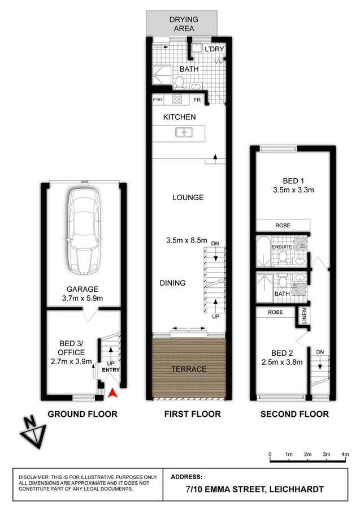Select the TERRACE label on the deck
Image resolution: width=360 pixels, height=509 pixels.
pos(189,369)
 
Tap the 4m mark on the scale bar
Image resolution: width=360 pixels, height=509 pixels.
pos(345,454)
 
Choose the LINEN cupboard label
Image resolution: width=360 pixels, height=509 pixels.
pos(304,316)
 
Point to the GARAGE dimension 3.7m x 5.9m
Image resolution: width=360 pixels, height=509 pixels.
pos(83,298)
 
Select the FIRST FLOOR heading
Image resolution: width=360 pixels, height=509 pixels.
pos(192,414)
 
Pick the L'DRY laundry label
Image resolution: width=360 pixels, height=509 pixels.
pos(214,50)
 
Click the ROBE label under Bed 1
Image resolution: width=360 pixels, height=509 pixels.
pos(283,225)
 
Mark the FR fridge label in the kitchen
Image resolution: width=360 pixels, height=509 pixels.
pos(197,100)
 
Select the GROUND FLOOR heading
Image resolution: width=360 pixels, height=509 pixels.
pos(83,414)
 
